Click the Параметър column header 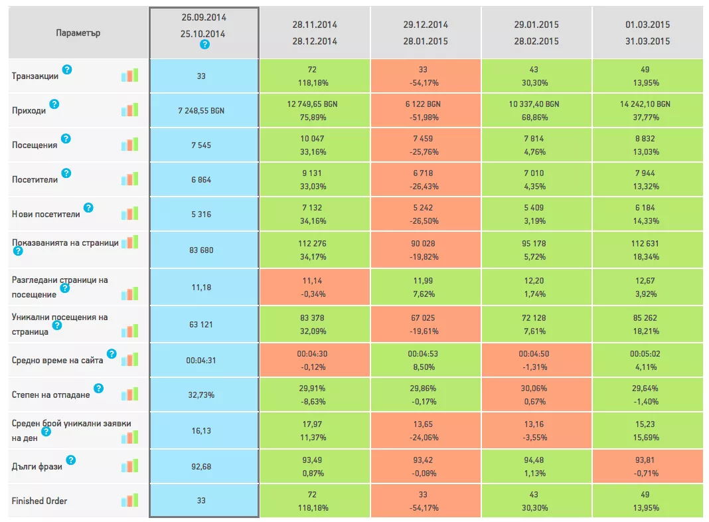click(x=78, y=33)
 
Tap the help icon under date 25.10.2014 click(x=204, y=44)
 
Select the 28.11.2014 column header click(x=315, y=33)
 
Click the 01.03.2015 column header click(x=647, y=33)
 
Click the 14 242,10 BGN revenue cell click(x=647, y=110)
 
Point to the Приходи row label click(x=29, y=110)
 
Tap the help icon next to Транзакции click(x=67, y=70)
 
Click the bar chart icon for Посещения click(x=129, y=145)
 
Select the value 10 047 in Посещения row click(x=312, y=138)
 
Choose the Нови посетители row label click(x=46, y=214)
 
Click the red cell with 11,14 click(x=315, y=288)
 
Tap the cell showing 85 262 click(x=647, y=324)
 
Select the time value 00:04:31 click(x=200, y=361)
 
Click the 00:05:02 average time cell click(x=647, y=360)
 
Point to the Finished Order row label click(x=39, y=501)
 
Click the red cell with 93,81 click(x=647, y=466)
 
